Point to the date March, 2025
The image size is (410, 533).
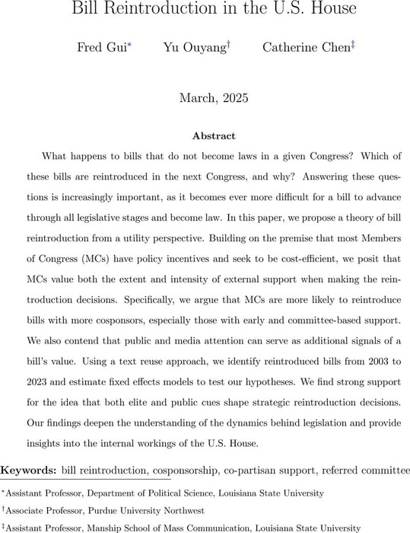(x=205, y=98)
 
